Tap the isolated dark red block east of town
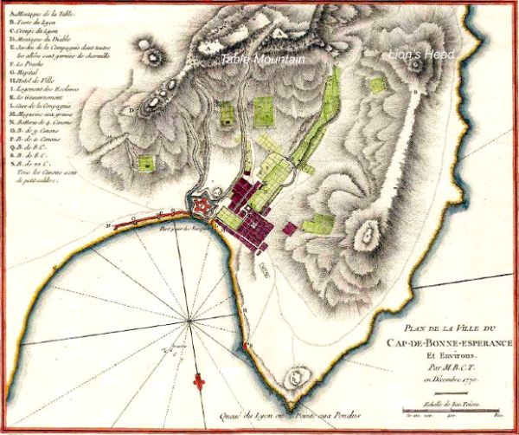point(289,229)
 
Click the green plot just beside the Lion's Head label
point(376,84)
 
